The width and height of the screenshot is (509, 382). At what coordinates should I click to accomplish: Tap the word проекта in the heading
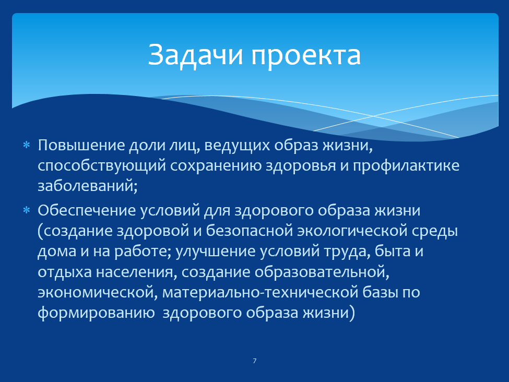point(306,56)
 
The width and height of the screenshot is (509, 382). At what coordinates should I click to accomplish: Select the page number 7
point(255,361)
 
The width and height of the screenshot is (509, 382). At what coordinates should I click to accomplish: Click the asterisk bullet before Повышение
point(26,145)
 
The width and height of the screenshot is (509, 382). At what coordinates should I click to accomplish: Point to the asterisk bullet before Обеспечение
point(26,210)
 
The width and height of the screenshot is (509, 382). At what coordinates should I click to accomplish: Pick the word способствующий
point(102,166)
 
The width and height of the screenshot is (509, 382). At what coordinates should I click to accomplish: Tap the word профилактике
point(406,166)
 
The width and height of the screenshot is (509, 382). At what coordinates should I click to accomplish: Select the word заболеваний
point(86,186)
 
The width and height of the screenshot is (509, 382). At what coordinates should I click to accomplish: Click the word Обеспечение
point(87,210)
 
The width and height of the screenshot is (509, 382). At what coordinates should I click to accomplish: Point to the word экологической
point(352,231)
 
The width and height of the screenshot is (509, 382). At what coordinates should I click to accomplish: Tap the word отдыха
point(65,272)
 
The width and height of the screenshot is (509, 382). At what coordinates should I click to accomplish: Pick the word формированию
point(96,313)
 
